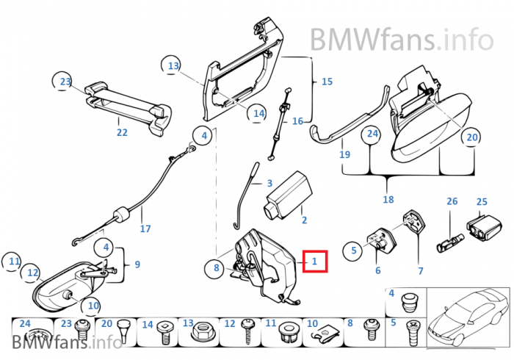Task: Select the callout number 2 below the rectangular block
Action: click(x=304, y=220)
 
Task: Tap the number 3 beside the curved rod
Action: click(x=269, y=183)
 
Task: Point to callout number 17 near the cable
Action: click(x=145, y=228)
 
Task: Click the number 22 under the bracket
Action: click(x=122, y=132)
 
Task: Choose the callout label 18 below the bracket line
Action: click(x=388, y=199)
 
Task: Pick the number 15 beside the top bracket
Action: click(x=327, y=82)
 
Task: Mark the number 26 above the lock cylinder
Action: click(x=452, y=201)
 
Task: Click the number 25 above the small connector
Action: click(x=482, y=201)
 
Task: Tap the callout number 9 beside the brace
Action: click(x=137, y=263)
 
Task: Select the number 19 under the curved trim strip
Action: click(x=344, y=154)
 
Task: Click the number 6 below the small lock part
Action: click(x=378, y=270)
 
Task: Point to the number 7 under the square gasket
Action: click(x=420, y=271)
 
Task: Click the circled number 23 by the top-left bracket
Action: click(x=65, y=82)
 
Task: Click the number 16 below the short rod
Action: click(x=297, y=121)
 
